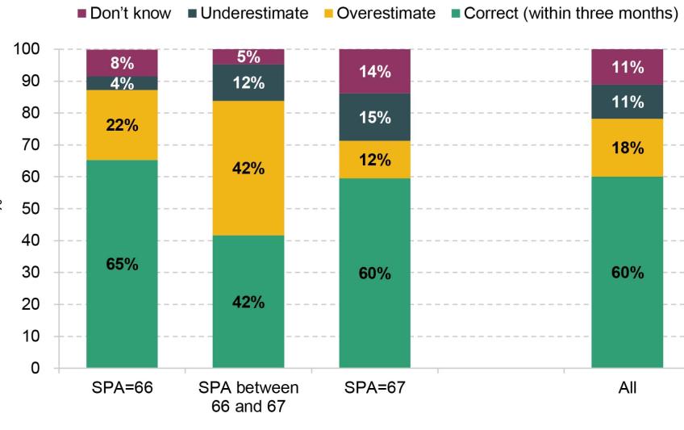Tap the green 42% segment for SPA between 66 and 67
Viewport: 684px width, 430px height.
248,302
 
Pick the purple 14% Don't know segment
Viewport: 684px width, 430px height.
374,71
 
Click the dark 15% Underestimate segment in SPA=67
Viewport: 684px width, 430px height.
374,117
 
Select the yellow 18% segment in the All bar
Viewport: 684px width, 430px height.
627,148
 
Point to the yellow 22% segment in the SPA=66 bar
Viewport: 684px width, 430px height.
122,124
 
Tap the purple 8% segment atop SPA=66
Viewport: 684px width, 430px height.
122,62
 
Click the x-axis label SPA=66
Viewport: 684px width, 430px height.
122,388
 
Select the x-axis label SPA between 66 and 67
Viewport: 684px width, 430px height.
248,395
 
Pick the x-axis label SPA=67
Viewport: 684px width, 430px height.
374,388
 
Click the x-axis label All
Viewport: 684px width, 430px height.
627,388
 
